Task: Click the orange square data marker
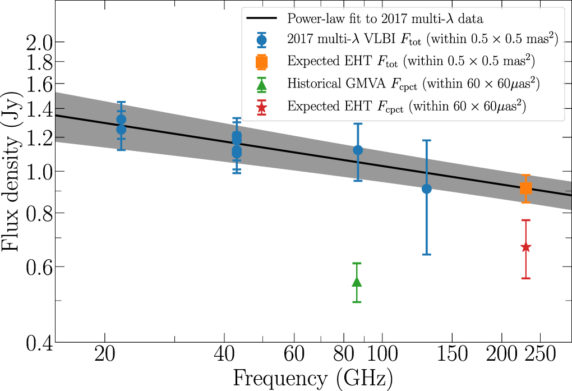click(525, 188)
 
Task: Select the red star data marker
click(525, 247)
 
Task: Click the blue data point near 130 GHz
click(426, 188)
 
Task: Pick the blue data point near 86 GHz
click(358, 150)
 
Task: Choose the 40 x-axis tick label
click(224, 356)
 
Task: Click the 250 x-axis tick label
click(541, 356)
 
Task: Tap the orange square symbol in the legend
click(261, 61)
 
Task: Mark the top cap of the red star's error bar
click(525, 220)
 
